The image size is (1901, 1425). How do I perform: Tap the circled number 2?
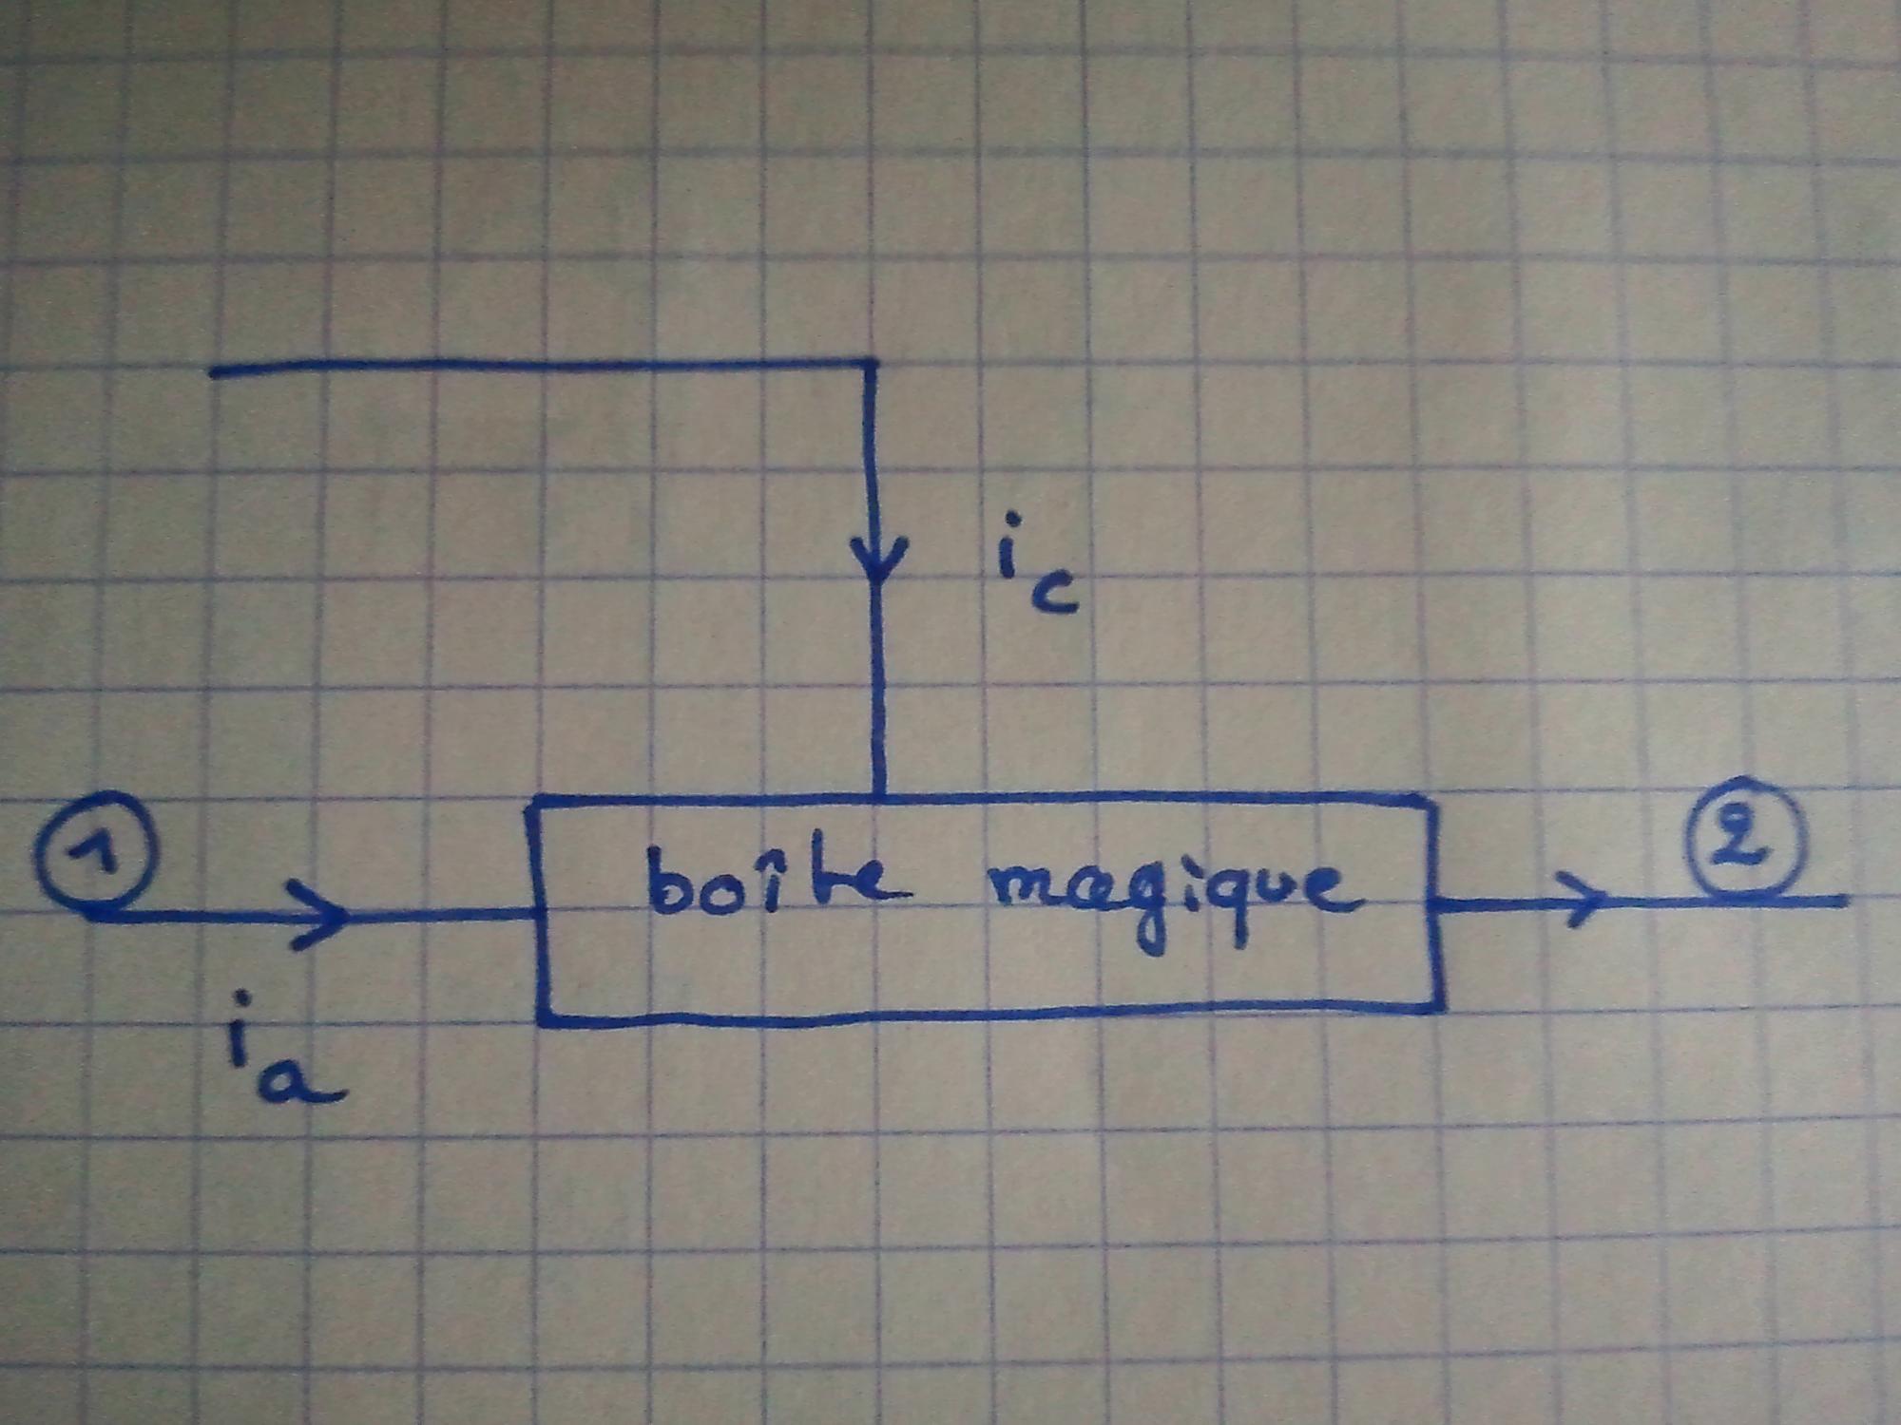click(x=1743, y=838)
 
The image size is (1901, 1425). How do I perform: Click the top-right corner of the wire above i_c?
click(x=870, y=362)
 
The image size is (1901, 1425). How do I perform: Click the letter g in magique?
click(x=1151, y=907)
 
